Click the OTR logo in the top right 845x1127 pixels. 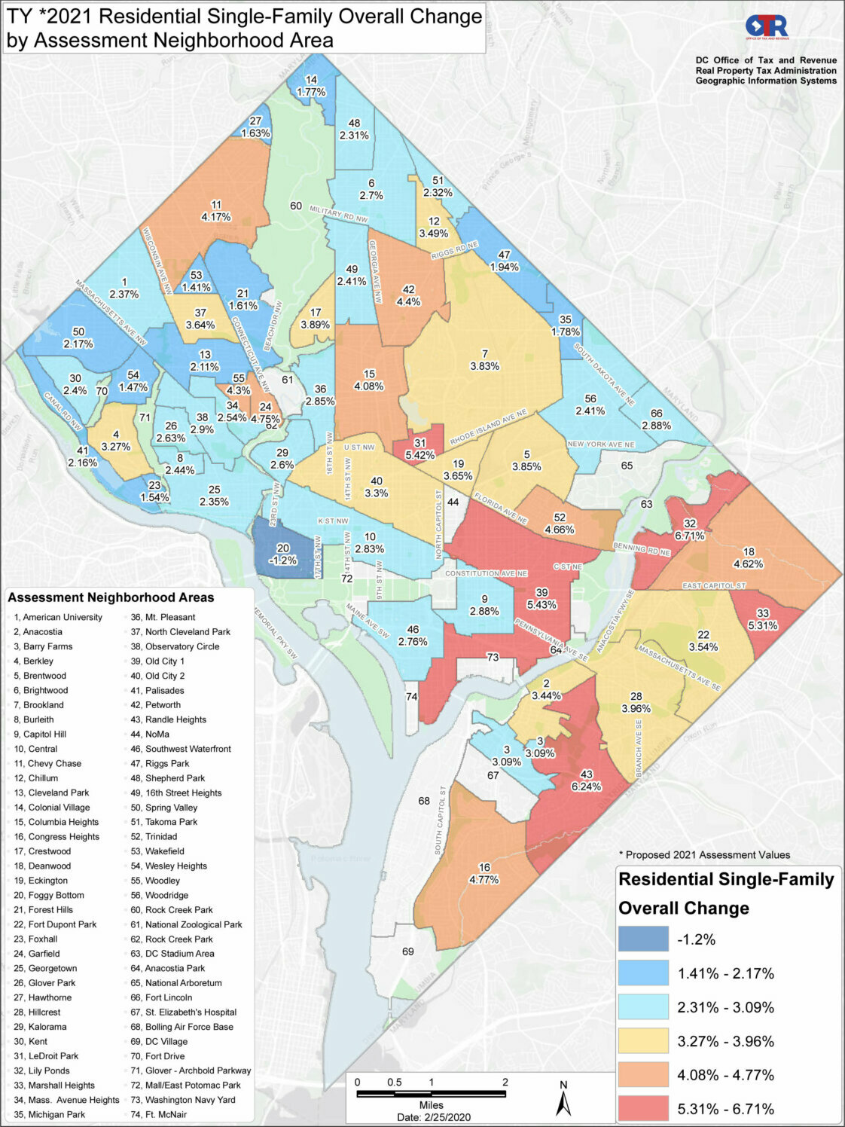767,27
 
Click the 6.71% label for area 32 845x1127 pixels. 689,536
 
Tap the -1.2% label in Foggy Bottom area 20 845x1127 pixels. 282,560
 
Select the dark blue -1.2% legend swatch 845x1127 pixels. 643,939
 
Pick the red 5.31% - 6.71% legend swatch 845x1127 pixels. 643,1109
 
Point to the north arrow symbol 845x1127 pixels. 563,1101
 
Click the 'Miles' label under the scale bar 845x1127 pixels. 432,1105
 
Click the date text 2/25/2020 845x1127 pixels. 434,1117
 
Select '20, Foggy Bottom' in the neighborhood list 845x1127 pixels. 49,895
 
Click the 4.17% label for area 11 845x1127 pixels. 216,217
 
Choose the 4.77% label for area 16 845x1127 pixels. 484,879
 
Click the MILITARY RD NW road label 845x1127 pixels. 338,215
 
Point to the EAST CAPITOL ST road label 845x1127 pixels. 713,585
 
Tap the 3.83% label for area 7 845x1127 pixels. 485,366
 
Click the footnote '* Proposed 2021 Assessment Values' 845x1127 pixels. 704,854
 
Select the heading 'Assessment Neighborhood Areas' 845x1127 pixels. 111,597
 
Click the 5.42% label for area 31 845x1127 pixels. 419,455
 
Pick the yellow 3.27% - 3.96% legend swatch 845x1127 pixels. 643,1041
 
